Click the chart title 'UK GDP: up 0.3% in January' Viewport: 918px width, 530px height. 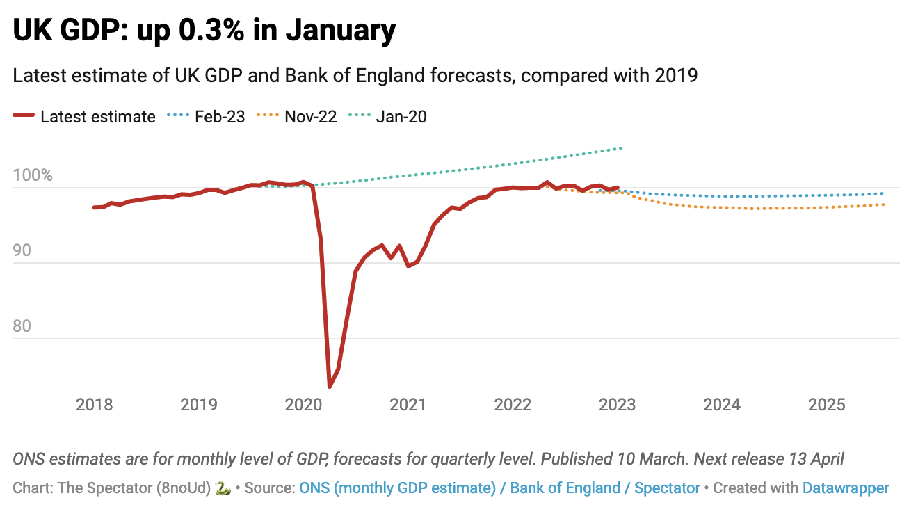tap(204, 31)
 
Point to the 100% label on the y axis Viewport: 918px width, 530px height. tap(32, 175)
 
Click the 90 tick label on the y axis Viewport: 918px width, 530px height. tap(22, 250)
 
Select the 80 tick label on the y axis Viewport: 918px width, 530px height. tap(22, 326)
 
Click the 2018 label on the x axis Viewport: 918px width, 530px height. tap(94, 405)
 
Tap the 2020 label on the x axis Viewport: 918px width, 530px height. tap(303, 405)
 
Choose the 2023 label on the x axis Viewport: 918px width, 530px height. tap(617, 405)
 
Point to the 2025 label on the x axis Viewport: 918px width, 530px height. tap(826, 405)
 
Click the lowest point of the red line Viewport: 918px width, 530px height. tap(330, 387)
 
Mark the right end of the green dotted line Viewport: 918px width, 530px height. tap(621, 148)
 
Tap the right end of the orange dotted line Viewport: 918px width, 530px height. tap(884, 204)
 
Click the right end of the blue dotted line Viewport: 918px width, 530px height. tap(884, 193)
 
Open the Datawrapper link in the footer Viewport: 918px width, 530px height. tap(846, 488)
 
